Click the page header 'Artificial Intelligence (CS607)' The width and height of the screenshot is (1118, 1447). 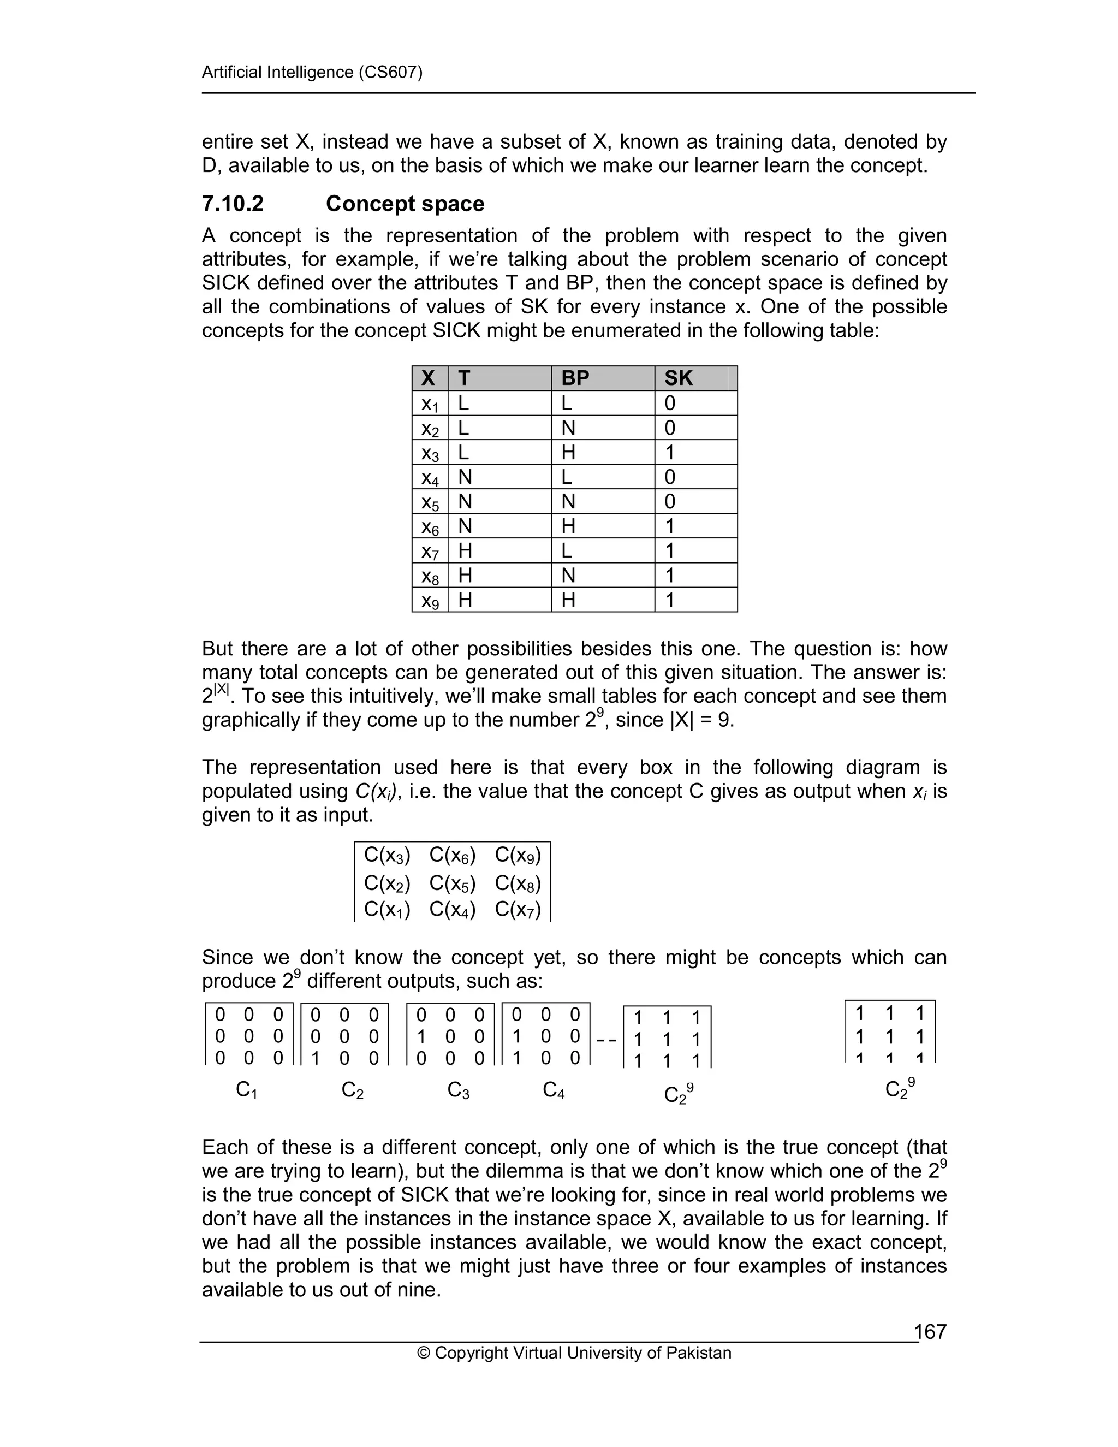click(312, 72)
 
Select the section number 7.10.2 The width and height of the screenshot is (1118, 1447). click(233, 204)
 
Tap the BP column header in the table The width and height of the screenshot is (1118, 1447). click(575, 378)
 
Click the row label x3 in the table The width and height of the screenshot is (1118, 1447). click(430, 453)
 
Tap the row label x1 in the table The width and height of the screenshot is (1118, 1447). click(430, 404)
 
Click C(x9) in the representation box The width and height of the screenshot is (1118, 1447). click(518, 855)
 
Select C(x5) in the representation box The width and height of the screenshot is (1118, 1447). click(453, 883)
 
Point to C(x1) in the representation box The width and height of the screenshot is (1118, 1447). click(387, 910)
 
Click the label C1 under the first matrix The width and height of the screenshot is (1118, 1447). click(246, 1089)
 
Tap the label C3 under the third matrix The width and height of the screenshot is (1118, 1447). click(459, 1089)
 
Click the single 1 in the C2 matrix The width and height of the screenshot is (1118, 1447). click(316, 1058)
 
